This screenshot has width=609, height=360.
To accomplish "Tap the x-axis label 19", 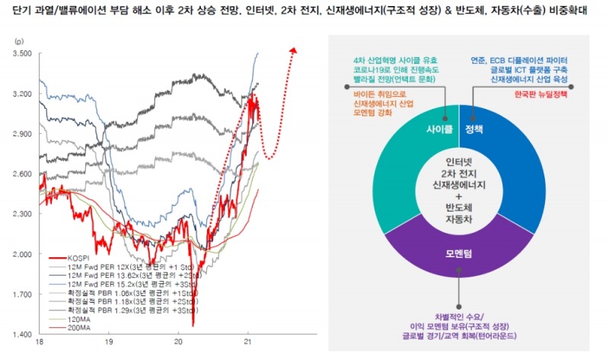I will coord(109,344).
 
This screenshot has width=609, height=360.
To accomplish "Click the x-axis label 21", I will coord(247,344).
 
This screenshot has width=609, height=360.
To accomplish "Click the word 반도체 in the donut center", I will coord(459,208).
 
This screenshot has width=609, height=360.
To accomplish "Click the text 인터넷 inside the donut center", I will coord(459,161).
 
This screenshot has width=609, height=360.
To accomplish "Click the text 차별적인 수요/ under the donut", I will coord(458,316).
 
